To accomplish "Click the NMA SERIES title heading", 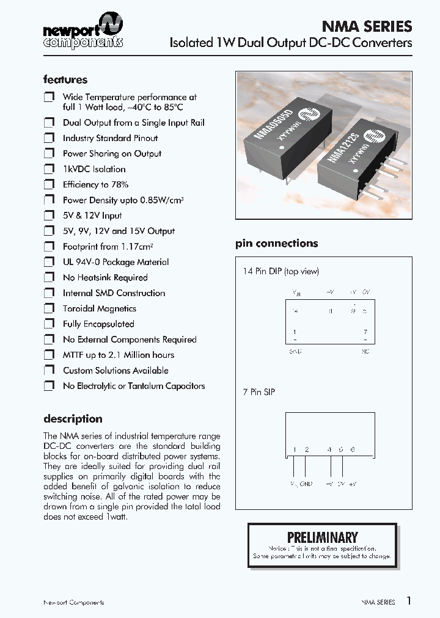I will coord(367,26).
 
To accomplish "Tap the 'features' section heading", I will coord(65,79).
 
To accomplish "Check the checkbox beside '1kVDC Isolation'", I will coord(49,169).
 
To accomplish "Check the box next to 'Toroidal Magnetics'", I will coord(49,308).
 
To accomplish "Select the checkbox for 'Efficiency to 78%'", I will coord(49,184).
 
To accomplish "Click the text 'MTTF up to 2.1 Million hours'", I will coord(118,355).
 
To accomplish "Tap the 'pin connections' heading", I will coord(277,243).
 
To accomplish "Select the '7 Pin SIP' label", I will coord(259,391).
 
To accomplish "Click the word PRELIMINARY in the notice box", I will coord(322,537).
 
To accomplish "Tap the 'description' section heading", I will coord(73,419).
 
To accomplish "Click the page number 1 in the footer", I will coord(409,601).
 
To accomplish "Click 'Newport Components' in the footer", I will coord(73,603).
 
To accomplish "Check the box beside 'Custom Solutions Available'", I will coord(49,370).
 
